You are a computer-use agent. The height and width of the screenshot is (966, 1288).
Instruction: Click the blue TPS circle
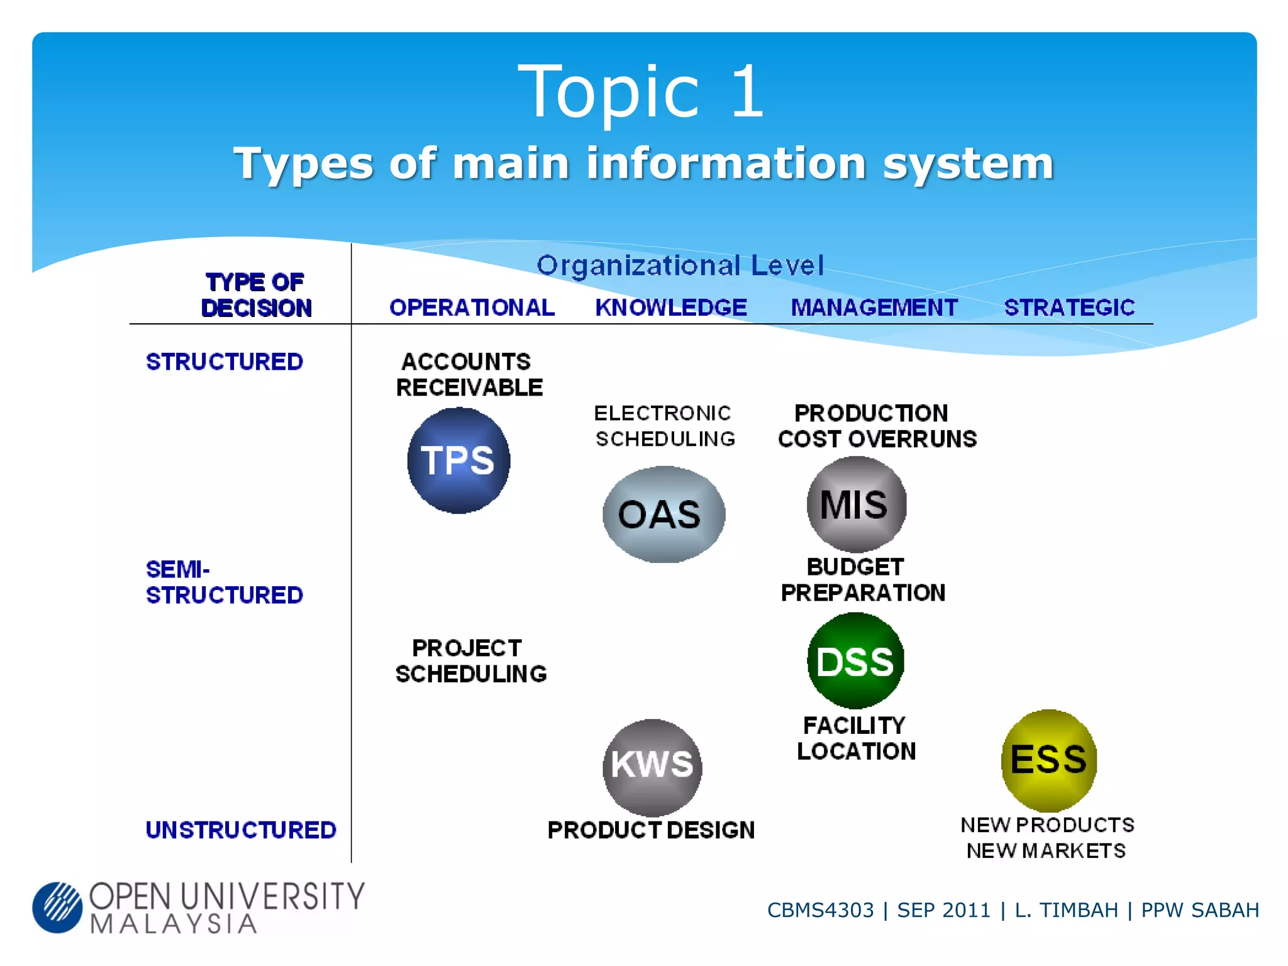coord(458,460)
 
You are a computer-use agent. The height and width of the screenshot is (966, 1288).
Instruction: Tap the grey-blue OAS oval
coord(663,514)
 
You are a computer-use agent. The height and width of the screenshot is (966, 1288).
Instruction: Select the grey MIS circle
coord(856,504)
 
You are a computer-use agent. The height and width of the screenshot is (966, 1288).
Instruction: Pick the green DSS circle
coord(855,661)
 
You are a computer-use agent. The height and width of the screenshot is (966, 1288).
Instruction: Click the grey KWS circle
coord(652,766)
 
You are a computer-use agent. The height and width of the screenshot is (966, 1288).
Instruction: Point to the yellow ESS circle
coord(1048,760)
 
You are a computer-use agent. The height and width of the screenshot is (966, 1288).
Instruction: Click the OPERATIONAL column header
coord(472,308)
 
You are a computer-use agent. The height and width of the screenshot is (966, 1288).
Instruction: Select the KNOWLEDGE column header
coord(671,308)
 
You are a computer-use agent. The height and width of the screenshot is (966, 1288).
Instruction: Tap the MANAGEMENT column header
coord(874,308)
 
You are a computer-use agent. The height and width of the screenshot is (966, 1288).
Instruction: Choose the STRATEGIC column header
coord(1069,308)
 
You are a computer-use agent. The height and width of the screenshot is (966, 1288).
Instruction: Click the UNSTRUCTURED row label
coord(241,830)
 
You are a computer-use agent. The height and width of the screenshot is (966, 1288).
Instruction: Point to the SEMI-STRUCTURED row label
coord(224,582)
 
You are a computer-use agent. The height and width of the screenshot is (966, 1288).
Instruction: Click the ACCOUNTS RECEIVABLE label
coord(469,375)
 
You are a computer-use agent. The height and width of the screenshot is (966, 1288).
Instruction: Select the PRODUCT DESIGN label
coord(651,830)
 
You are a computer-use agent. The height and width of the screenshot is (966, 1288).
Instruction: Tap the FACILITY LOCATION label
coord(856,738)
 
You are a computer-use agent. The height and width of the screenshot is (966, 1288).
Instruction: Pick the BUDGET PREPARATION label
coord(862,580)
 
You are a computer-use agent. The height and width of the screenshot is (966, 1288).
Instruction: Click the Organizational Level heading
coord(680,265)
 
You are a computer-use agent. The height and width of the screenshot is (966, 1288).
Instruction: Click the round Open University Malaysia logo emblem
coord(57,907)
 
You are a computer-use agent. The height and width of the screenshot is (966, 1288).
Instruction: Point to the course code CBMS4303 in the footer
coord(820,910)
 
